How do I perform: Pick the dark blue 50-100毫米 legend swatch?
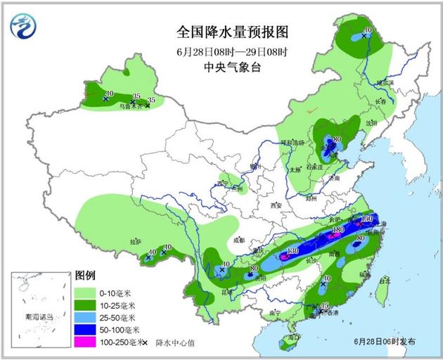[x=84, y=328]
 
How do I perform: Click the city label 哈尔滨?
[x=385, y=82]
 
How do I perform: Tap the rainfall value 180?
[x=338, y=230]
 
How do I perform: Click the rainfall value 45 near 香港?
[x=325, y=305]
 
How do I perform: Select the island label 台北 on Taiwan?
[x=383, y=281]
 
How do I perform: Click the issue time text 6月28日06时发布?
[x=384, y=342]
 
